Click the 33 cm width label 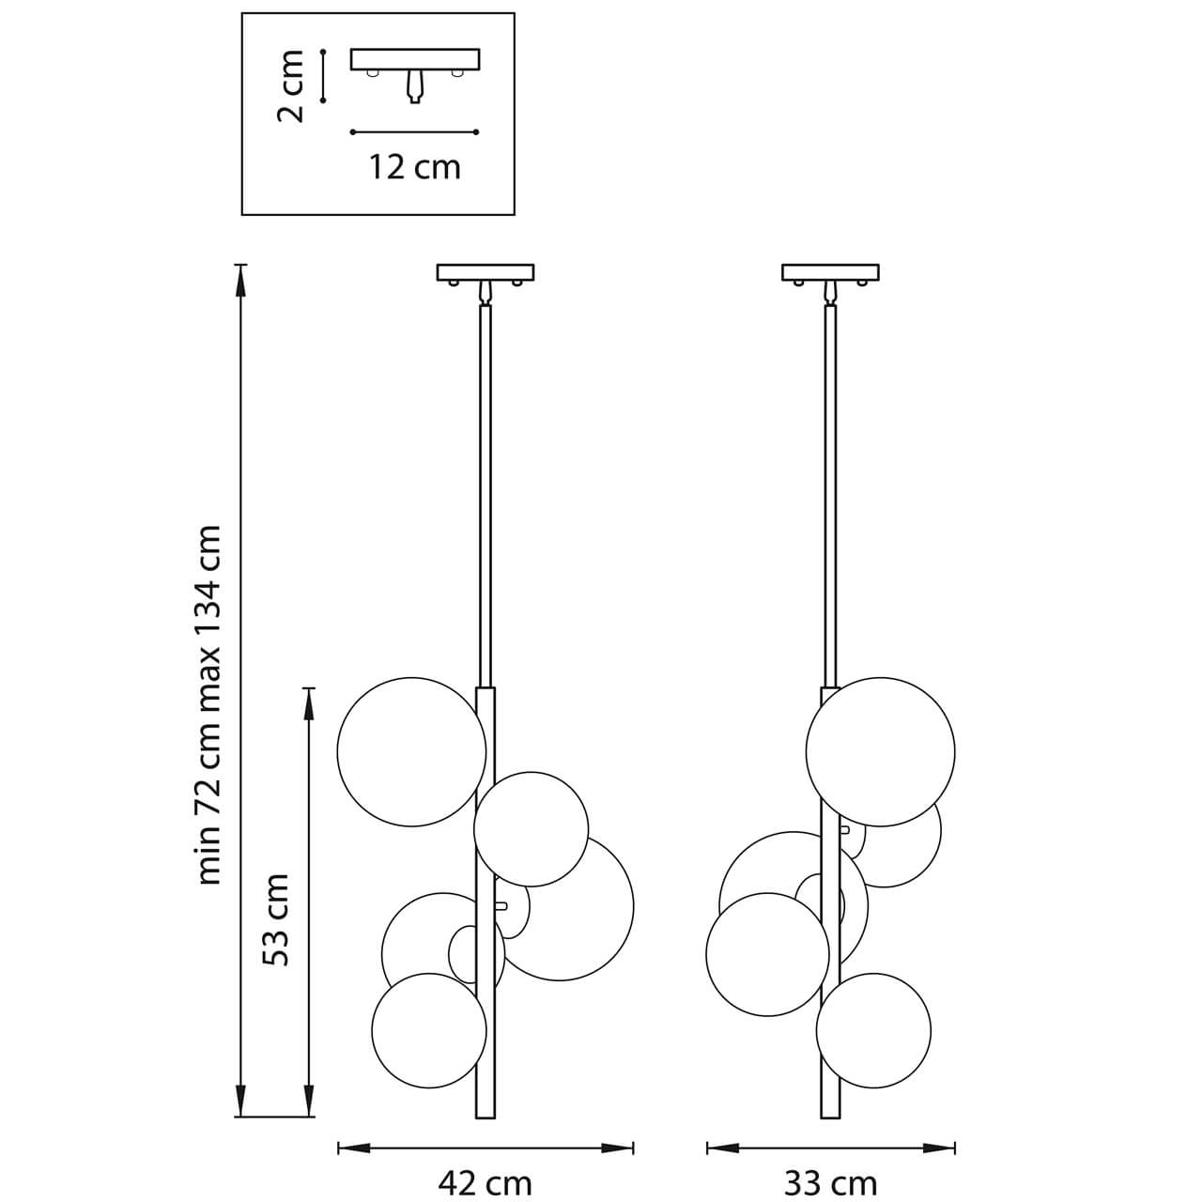point(830,1183)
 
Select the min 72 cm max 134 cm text point(209,704)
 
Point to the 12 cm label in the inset point(414,168)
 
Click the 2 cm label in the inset point(292,86)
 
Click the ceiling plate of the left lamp point(485,272)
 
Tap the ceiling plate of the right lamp point(830,272)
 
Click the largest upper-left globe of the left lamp point(411,751)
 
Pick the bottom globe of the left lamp point(428,1030)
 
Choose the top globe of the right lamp point(880,751)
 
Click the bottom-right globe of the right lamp point(873,1030)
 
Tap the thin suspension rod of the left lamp point(485,488)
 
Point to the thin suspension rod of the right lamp point(830,488)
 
